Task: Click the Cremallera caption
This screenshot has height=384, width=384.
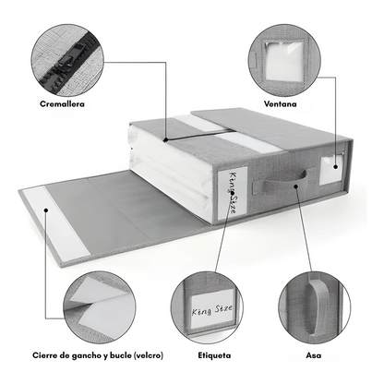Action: pos(62,104)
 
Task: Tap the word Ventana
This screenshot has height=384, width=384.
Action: pos(281,104)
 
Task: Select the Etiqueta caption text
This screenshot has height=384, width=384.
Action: pos(214,355)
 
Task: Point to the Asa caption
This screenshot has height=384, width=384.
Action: pos(314,355)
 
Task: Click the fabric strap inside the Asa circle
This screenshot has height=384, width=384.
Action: pos(318,307)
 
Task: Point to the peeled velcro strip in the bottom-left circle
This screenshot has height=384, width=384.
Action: pos(102,303)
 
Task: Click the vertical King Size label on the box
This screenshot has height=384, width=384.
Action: pos(233,193)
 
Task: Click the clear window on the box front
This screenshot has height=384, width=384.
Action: pos(331,170)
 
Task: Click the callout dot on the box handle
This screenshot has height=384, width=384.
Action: pos(295,186)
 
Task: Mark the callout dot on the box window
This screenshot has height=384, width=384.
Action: pos(335,167)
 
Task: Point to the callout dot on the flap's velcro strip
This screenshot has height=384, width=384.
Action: pos(46,210)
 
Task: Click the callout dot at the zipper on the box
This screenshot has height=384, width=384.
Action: pos(166,139)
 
